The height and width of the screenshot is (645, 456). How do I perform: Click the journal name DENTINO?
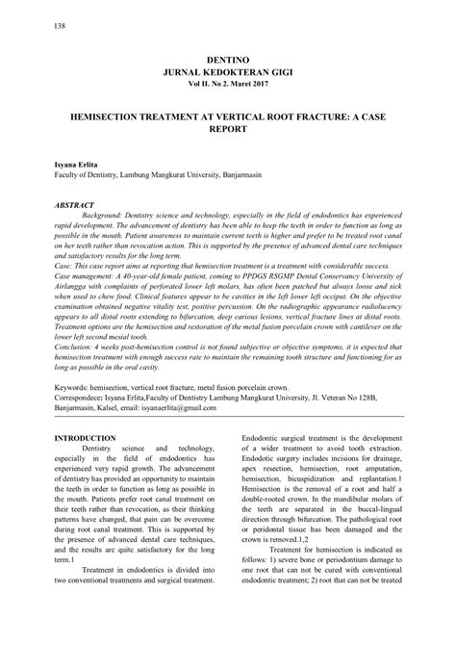pos(228,61)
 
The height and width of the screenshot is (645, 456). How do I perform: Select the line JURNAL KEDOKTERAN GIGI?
pos(228,74)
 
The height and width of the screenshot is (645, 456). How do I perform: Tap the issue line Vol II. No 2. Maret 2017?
pos(228,87)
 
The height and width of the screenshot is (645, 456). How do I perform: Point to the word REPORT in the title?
pos(228,126)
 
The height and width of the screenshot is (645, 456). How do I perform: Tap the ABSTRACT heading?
pos(74,205)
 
